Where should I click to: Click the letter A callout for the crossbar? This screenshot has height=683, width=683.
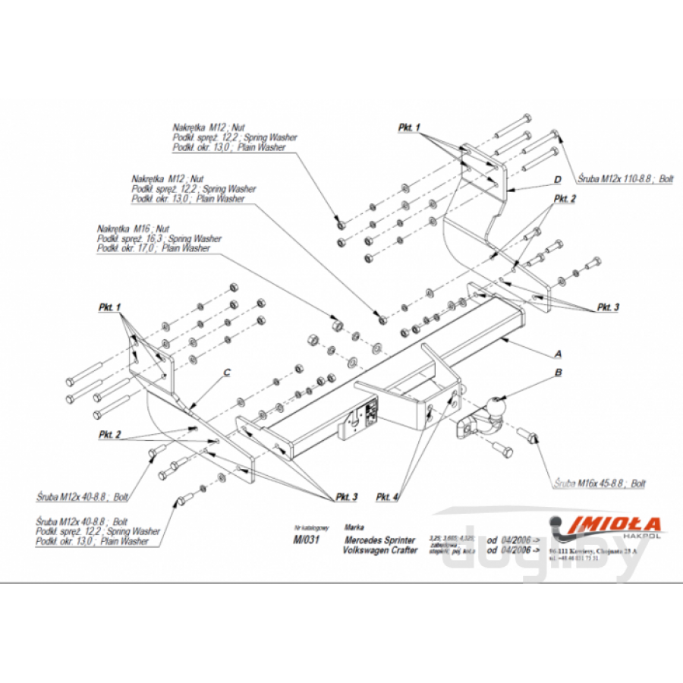tap(558, 354)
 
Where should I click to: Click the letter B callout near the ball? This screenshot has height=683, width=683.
tap(558, 373)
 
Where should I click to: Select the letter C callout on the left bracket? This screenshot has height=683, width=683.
tap(226, 372)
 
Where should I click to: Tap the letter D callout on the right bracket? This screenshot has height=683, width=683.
tap(556, 180)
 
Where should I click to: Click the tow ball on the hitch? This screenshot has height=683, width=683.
tap(497, 408)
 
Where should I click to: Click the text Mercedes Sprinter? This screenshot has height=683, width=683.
tap(380, 540)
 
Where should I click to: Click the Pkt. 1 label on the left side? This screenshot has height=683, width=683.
tap(110, 308)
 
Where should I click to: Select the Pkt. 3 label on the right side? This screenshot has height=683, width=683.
tap(607, 307)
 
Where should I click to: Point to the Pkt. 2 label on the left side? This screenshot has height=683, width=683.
tap(110, 434)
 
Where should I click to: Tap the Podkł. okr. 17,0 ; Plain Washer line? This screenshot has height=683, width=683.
tap(154, 248)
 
